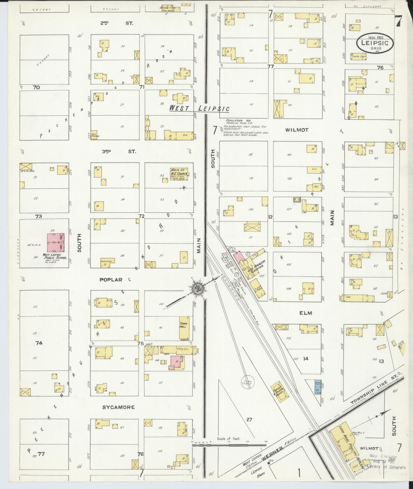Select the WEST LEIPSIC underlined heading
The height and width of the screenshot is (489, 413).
tap(199, 109)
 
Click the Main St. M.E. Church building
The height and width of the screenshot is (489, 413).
tap(179, 174)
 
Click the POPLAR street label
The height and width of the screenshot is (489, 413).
tap(111, 280)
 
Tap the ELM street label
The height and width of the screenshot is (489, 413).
tap(305, 313)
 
